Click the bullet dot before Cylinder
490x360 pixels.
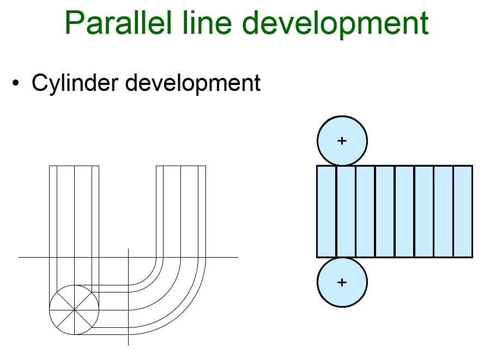pyautogui.click(x=16, y=83)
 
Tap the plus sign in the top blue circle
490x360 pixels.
pyautogui.click(x=342, y=141)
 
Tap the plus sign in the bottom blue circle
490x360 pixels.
pyautogui.click(x=342, y=282)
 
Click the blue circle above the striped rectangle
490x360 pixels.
pyautogui.click(x=342, y=141)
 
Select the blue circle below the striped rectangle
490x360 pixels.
pyautogui.click(x=342, y=282)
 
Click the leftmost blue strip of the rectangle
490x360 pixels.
pyautogui.click(x=326, y=211)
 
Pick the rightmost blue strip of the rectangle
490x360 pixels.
pyautogui.click(x=463, y=211)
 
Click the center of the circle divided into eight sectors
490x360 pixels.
pyautogui.click(x=74, y=310)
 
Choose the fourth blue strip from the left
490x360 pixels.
pyautogui.click(x=385, y=211)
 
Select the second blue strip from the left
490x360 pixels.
pyautogui.click(x=346, y=211)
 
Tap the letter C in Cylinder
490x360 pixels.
pyautogui.click(x=40, y=83)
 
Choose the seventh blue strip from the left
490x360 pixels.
pyautogui.click(x=444, y=211)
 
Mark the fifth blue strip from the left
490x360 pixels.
pyautogui.click(x=404, y=211)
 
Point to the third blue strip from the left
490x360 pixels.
pyautogui.click(x=365, y=211)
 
